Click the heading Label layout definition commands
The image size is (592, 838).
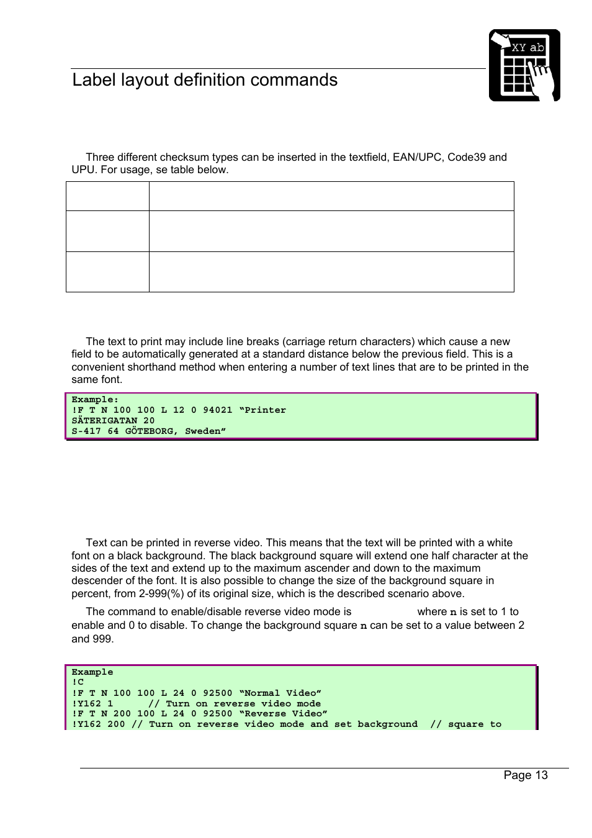tap(205, 80)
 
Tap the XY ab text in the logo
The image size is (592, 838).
tap(527, 47)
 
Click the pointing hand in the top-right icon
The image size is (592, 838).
tap(541, 81)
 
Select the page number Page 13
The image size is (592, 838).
tap(526, 775)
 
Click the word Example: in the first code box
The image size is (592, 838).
tap(95, 400)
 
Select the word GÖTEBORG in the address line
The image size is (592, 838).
tap(151, 431)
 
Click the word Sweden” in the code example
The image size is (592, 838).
tap(205, 431)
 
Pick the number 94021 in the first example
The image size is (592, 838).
tap(217, 410)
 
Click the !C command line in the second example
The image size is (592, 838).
tap(78, 682)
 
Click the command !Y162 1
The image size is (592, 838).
tap(92, 704)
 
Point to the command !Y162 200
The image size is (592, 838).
tap(98, 724)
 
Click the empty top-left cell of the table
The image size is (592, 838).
tap(107, 196)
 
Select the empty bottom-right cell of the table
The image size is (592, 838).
tap(331, 272)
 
